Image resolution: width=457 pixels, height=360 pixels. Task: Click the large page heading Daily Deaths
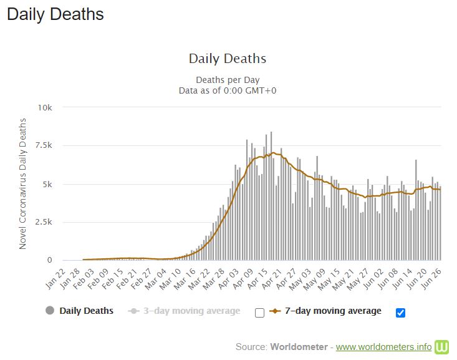click(55, 14)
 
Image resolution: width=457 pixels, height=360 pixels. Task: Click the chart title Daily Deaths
click(228, 59)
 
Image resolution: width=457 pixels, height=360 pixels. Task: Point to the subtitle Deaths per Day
click(228, 80)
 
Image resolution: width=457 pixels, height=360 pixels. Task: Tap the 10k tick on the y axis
click(44, 107)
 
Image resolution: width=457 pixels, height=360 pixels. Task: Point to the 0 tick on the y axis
click(49, 260)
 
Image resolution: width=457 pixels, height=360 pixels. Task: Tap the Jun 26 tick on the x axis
click(434, 275)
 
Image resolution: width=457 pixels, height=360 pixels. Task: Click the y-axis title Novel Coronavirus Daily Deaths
click(23, 183)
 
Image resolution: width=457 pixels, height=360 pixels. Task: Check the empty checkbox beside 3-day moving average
click(260, 313)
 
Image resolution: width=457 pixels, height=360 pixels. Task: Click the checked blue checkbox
click(400, 313)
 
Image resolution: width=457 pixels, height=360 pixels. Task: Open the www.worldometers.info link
click(383, 346)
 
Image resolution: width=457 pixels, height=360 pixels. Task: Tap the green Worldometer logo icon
click(442, 346)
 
